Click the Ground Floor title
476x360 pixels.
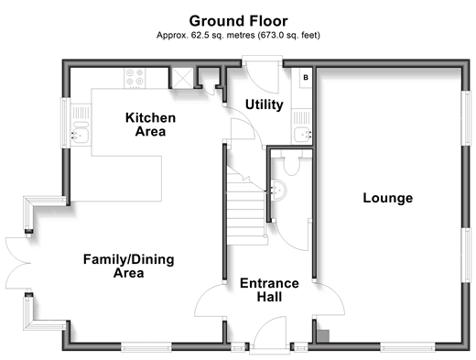238,21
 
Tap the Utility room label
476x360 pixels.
265,104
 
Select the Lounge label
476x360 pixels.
388,198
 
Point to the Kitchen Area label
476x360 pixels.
150,125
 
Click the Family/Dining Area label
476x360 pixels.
129,266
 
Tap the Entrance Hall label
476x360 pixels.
269,289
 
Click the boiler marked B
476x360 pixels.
306,78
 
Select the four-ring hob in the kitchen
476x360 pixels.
135,78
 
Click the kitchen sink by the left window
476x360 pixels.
81,125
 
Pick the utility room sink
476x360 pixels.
302,126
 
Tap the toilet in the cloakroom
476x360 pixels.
292,165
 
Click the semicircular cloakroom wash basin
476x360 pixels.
278,191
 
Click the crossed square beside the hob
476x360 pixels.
182,78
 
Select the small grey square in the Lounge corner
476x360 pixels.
323,336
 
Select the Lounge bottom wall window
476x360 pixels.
407,346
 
